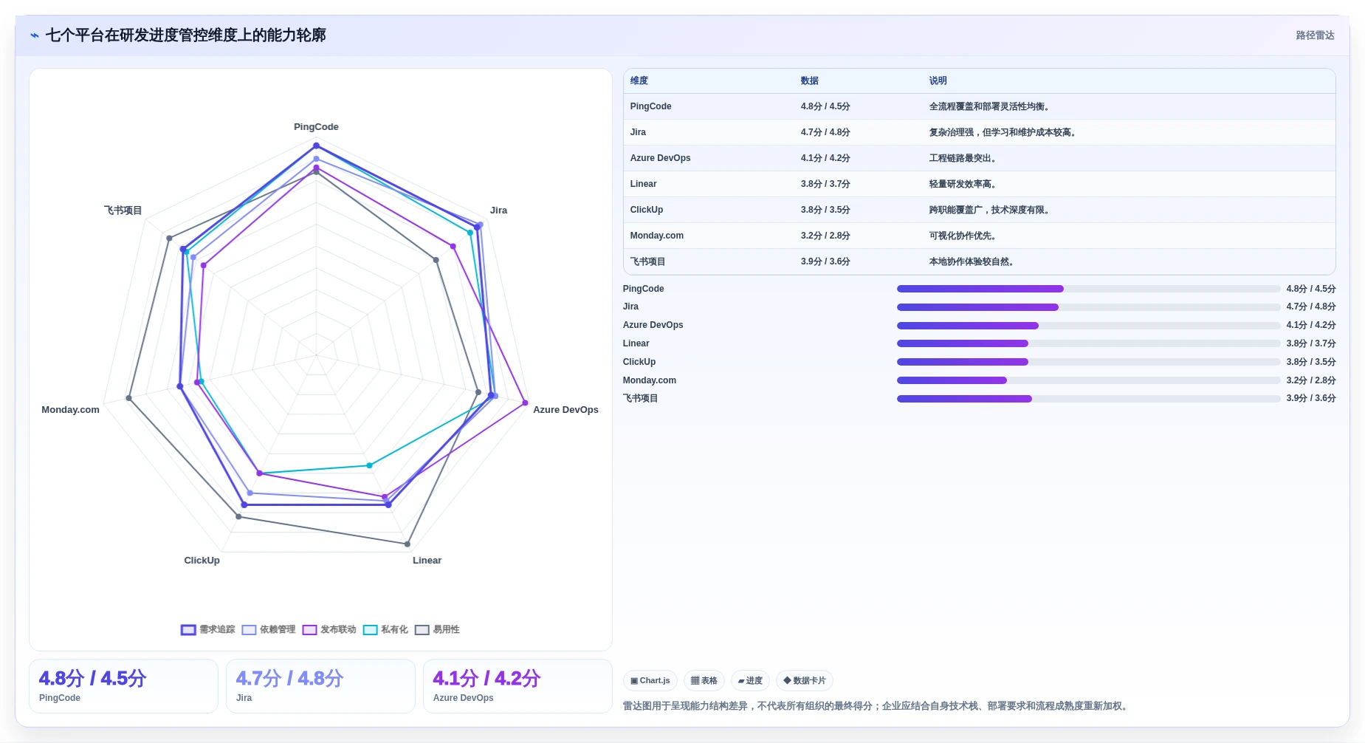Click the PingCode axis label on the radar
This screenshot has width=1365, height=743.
[316, 127]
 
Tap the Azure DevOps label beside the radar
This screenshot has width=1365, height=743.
[565, 410]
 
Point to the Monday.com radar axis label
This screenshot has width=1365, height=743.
[70, 410]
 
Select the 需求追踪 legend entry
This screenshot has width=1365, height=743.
[208, 630]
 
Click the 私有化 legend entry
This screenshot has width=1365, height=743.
[385, 630]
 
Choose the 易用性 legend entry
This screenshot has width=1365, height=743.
[437, 630]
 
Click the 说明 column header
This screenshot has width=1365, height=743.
[938, 81]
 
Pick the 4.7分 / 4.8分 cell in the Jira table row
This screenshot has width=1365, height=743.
[825, 133]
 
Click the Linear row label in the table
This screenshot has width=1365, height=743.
[643, 185]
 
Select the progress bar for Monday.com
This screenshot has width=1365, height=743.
[1088, 380]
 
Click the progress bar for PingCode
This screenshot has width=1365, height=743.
[1088, 289]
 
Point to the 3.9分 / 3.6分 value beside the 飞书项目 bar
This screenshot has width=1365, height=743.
[1310, 399]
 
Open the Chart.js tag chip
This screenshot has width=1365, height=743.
[650, 681]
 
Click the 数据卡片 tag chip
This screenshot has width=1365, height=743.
[805, 681]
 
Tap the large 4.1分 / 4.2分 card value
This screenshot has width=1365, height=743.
[486, 679]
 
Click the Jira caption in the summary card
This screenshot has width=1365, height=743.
[244, 699]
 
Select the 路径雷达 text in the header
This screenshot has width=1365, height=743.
[1315, 35]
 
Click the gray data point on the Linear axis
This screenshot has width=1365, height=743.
[408, 544]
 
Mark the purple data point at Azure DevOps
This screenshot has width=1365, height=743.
[526, 403]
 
